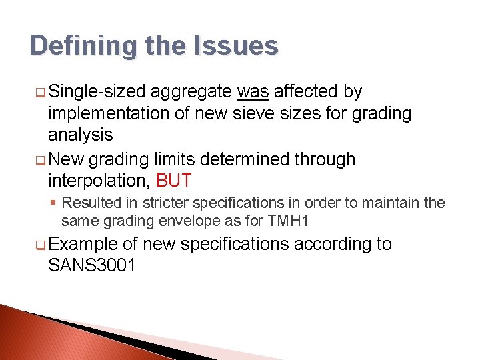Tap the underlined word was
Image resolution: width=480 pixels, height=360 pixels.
point(253,91)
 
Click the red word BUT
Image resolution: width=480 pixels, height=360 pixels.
point(173,181)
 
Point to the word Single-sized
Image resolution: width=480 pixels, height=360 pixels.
point(98,91)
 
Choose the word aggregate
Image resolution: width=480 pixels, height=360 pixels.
point(192,91)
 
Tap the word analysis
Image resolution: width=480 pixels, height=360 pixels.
point(81,135)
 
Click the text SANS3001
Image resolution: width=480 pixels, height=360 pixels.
point(92,265)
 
